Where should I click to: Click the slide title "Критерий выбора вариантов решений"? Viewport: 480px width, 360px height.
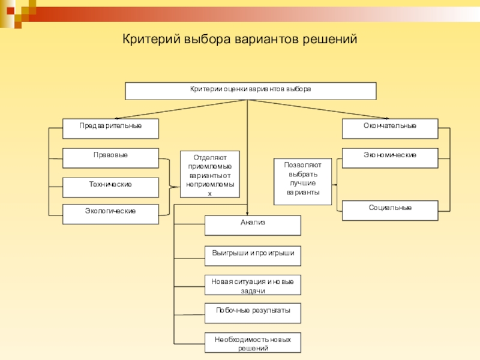(240, 40)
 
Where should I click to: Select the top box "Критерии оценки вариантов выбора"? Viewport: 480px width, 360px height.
(250, 91)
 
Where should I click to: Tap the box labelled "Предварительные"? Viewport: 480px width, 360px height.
(111, 128)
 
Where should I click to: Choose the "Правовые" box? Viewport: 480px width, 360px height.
(111, 158)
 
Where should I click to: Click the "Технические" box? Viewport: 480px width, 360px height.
(111, 187)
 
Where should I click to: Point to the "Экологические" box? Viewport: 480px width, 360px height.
(111, 214)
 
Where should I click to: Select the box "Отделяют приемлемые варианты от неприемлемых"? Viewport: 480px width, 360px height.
(209, 174)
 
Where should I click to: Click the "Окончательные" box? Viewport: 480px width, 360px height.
(390, 128)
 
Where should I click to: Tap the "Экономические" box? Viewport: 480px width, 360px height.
(390, 158)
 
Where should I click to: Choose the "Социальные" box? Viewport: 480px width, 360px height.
(390, 211)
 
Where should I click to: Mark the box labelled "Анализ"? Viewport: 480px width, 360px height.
(253, 225)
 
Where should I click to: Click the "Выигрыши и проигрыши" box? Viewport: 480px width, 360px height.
(253, 256)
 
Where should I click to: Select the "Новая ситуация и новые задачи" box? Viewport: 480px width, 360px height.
(253, 285)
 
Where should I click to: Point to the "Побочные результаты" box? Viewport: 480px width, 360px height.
(253, 313)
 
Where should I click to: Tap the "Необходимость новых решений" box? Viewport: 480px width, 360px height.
(253, 343)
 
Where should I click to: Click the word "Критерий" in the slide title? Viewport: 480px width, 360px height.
(151, 40)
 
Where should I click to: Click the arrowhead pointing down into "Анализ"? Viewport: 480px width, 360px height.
(247, 212)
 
